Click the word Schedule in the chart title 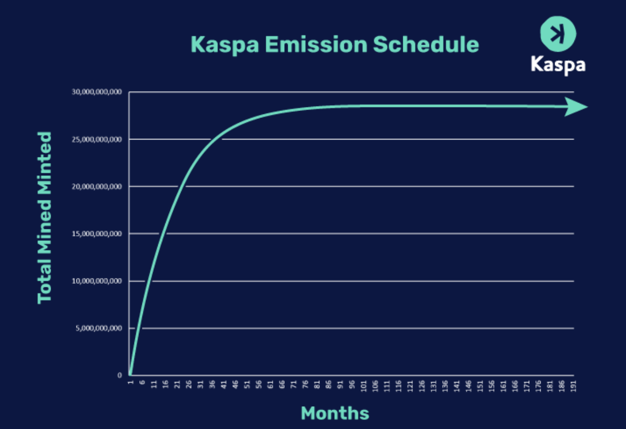(426, 45)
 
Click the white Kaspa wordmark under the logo (558, 64)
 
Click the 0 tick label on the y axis (120, 375)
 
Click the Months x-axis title (335, 413)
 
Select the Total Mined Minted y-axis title (45, 217)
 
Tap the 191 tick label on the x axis (574, 385)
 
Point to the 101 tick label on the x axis (364, 385)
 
